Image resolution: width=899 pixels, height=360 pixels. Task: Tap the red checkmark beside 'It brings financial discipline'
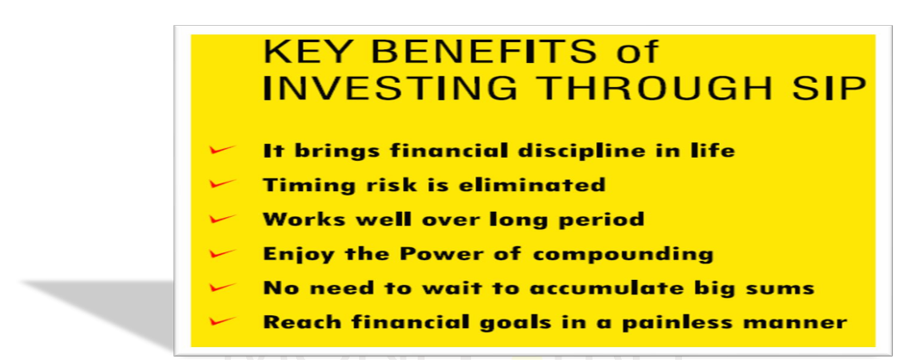222,150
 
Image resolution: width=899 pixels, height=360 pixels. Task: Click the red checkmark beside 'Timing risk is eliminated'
222,184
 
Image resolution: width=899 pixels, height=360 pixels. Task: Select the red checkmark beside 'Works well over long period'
222,219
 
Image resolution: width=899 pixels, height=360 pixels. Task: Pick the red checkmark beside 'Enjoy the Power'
222,252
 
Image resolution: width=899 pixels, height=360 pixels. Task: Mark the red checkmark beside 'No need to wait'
222,287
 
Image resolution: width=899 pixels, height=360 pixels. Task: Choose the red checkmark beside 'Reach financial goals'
222,320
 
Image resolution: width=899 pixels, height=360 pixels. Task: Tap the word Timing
300,186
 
